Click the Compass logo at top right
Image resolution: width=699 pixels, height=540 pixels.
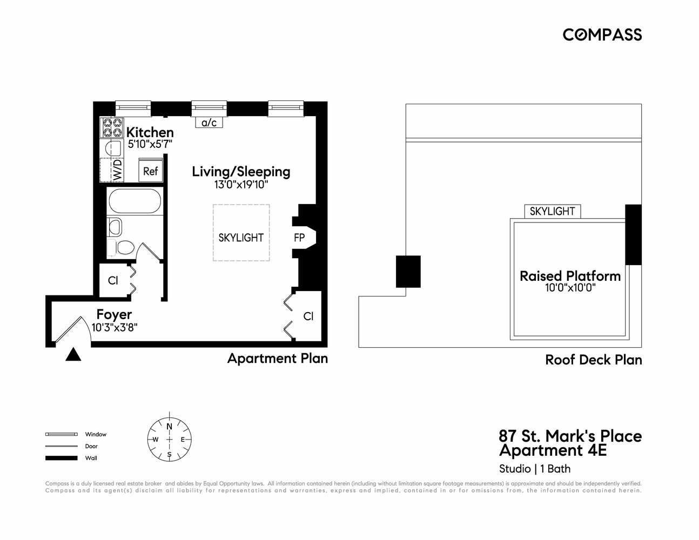(602, 35)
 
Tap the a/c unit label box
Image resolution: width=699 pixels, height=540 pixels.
(209, 123)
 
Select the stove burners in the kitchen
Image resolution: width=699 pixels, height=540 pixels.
(112, 128)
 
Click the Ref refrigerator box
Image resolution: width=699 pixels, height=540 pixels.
(150, 171)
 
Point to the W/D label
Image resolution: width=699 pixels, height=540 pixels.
(117, 170)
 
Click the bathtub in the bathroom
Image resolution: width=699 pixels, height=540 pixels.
(135, 201)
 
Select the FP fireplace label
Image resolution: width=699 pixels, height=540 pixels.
(299, 238)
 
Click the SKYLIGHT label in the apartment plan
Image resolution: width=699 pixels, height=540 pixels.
(241, 238)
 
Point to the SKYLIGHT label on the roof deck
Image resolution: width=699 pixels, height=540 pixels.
(552, 211)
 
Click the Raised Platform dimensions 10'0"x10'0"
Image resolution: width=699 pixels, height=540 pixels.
(570, 288)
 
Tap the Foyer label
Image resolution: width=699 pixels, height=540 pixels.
(114, 314)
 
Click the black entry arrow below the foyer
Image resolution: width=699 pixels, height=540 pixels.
(73, 355)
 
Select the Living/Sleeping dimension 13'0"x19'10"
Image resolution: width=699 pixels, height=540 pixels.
(241, 185)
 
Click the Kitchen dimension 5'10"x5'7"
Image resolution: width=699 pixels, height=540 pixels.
(150, 144)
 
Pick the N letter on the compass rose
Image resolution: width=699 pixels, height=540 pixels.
(169, 427)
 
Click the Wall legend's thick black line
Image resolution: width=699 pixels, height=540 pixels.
(61, 458)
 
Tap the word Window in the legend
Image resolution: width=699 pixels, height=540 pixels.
(96, 434)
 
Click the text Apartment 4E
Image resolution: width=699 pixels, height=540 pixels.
(553, 450)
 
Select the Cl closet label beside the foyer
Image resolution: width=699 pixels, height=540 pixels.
(113, 280)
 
